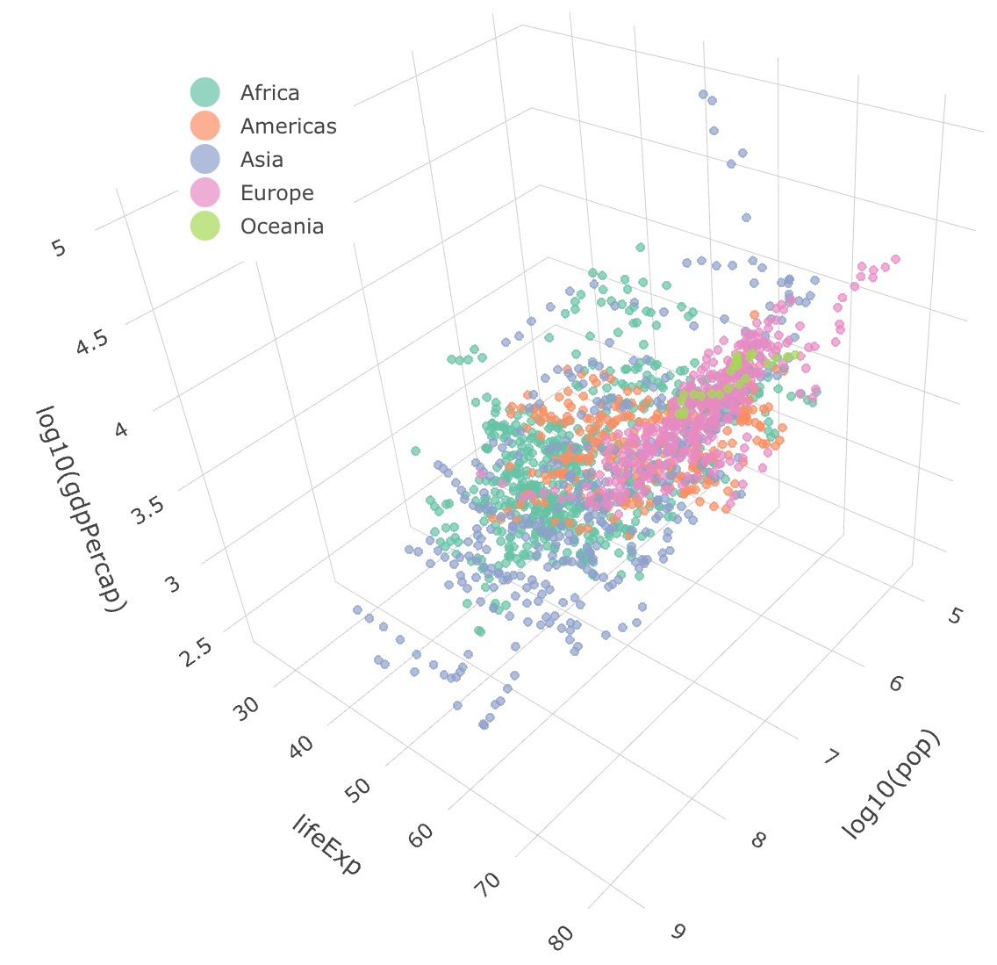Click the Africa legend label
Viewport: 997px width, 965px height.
tap(269, 93)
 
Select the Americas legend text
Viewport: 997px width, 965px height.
tap(288, 126)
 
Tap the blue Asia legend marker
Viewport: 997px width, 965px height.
tap(204, 160)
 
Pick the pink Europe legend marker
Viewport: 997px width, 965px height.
tap(204, 193)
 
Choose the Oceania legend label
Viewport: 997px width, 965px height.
tap(282, 227)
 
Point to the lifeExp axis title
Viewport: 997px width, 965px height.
tap(326, 845)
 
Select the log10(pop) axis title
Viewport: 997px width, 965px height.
tap(891, 784)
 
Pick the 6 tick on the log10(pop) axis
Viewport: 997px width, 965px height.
tap(895, 682)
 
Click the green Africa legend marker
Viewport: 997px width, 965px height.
tap(204, 93)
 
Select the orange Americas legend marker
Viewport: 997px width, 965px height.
tap(204, 126)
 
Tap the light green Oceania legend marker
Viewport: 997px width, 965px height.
tap(204, 227)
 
